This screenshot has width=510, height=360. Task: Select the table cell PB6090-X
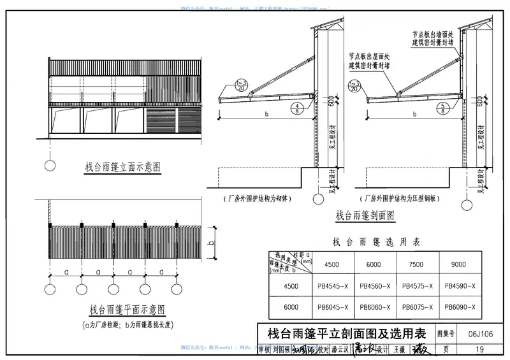462,307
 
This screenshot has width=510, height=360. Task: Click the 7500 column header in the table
418,264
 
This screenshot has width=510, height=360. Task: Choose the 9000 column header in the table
462,264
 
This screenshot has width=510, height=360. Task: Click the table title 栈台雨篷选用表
375,241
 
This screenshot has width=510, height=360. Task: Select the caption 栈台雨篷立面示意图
122,167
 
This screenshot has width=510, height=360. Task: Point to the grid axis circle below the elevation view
49,167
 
